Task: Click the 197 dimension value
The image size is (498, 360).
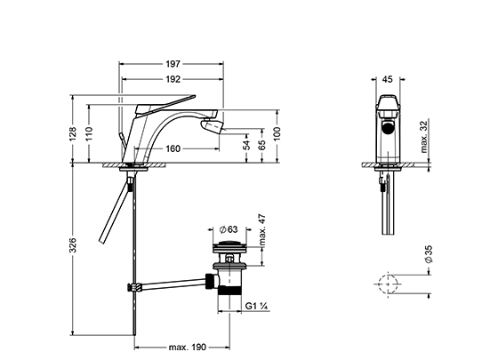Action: click(x=173, y=64)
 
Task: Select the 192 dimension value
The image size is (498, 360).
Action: click(x=173, y=79)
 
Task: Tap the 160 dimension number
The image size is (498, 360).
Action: click(x=173, y=148)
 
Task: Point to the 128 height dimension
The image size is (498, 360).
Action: click(x=73, y=134)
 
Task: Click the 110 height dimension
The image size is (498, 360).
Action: click(x=89, y=134)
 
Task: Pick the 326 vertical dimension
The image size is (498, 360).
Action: click(x=73, y=244)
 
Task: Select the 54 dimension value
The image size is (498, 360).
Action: click(x=246, y=145)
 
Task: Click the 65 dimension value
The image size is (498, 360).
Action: click(x=262, y=145)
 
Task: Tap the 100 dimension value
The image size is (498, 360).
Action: click(x=277, y=134)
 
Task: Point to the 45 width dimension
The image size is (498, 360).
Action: click(x=387, y=79)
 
